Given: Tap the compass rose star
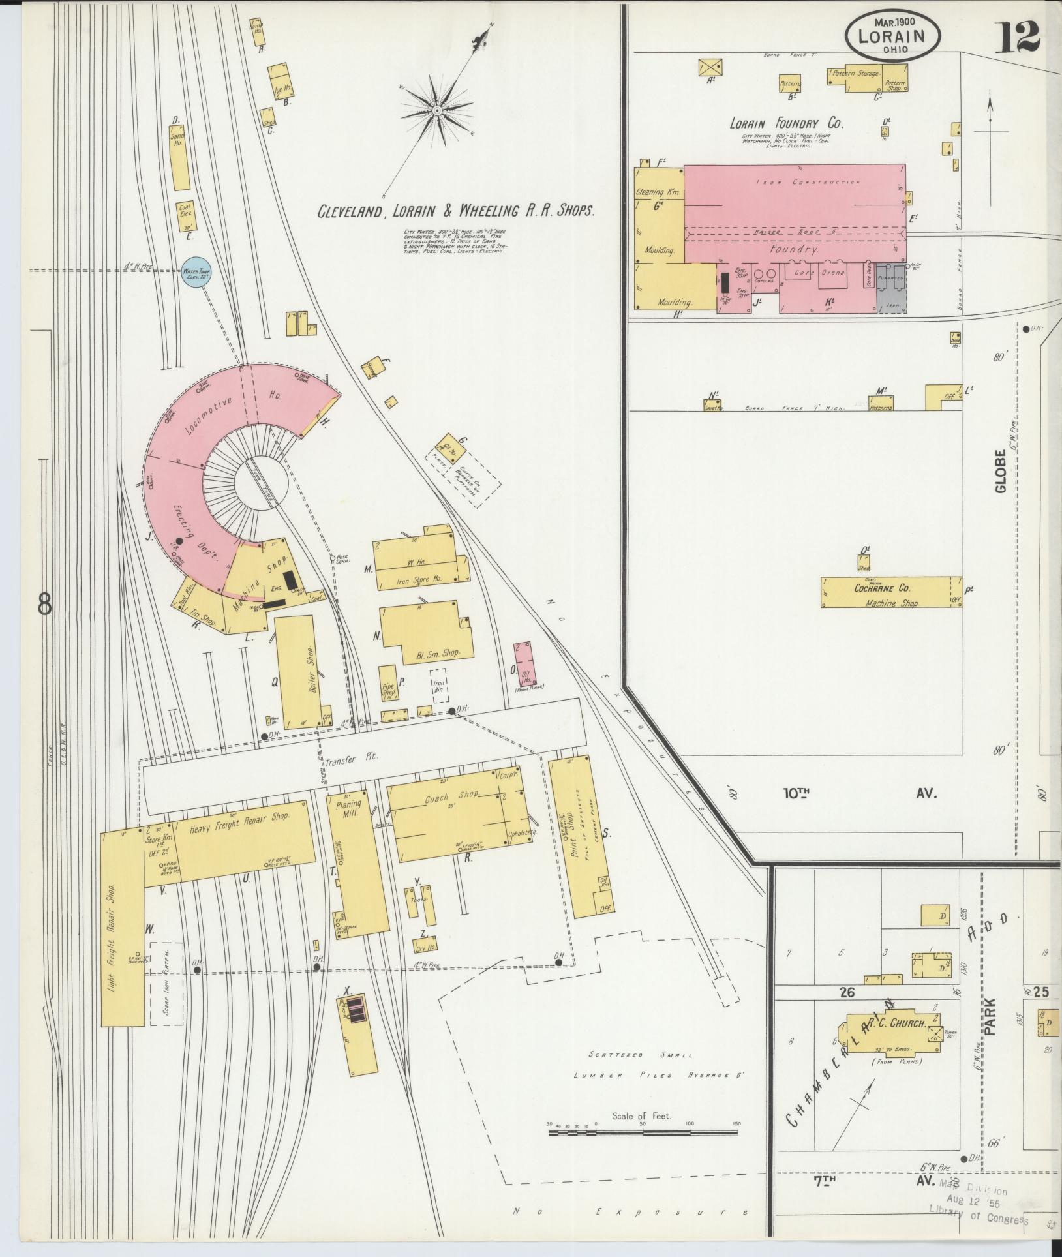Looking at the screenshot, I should coord(436,111).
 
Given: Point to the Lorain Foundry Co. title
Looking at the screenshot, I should coord(786,123).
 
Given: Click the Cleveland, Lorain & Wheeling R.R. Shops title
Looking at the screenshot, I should coord(456,211).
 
